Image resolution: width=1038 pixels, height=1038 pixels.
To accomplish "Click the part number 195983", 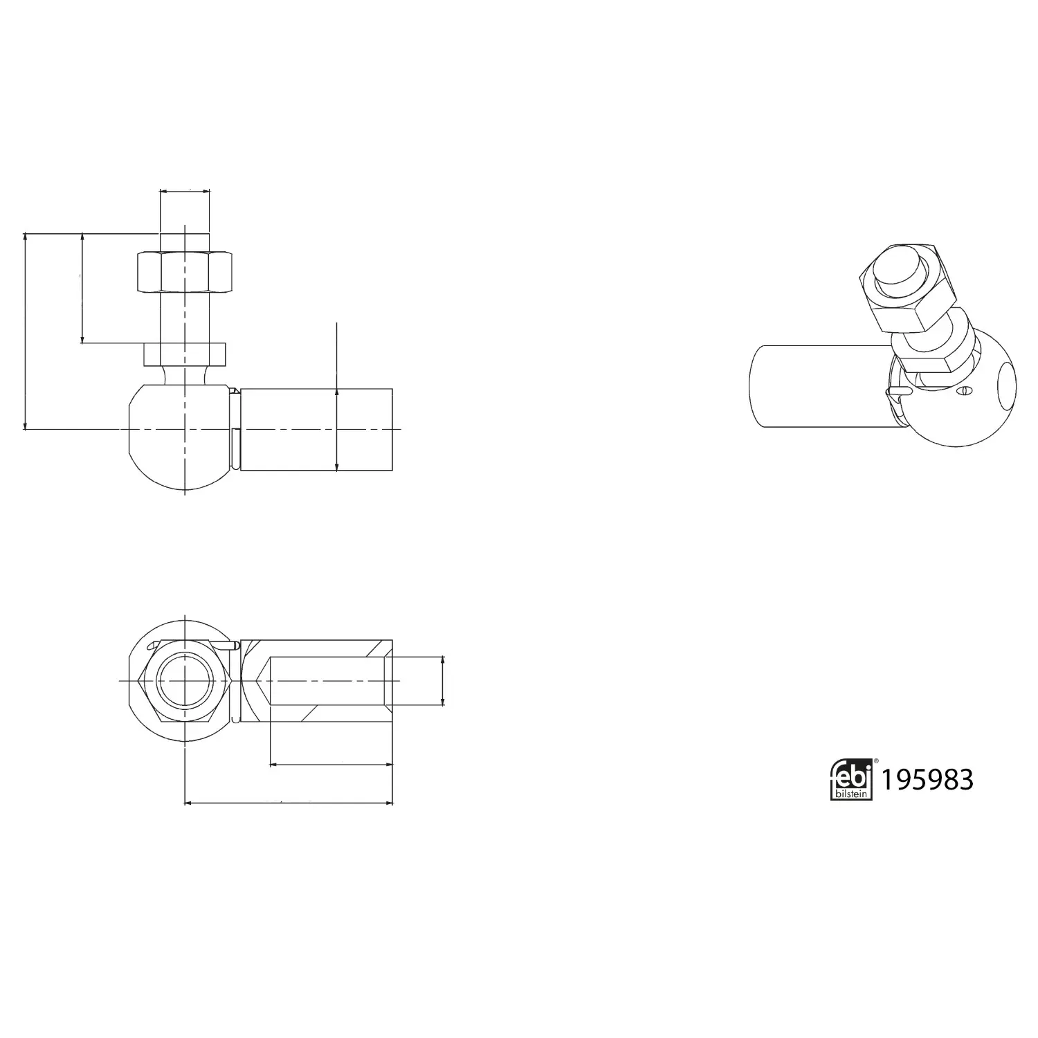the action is tap(927, 780).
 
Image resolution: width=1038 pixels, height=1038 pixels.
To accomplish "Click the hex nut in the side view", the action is tap(185, 272).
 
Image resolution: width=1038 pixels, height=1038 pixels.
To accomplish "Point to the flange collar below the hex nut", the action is tap(185, 354).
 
